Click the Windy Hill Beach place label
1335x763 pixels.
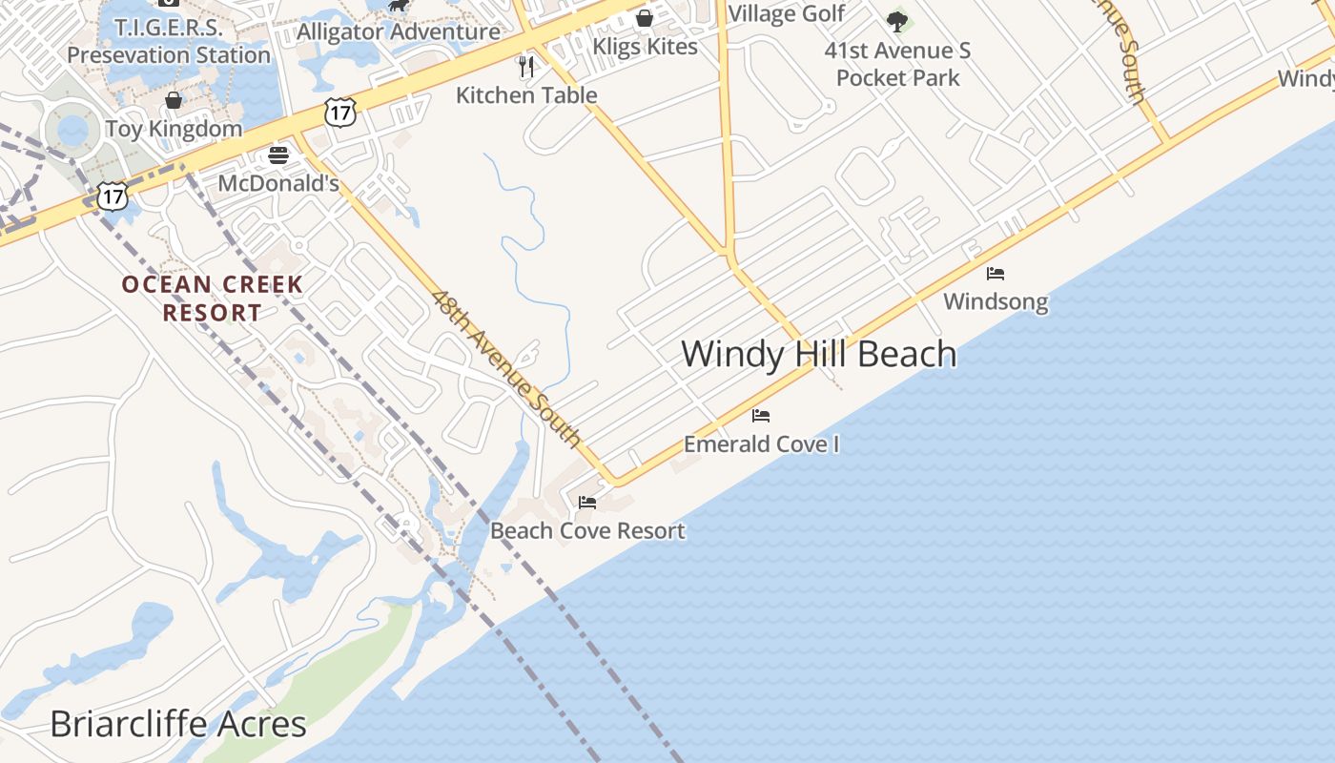tap(818, 354)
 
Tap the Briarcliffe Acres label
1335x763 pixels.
tap(178, 724)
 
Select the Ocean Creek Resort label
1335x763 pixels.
tap(213, 299)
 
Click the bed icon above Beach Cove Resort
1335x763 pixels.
tap(587, 502)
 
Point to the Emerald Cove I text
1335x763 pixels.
tap(761, 444)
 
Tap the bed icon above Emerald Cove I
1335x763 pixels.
tap(761, 416)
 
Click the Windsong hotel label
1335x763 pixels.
tap(996, 302)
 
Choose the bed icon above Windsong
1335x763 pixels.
tap(996, 274)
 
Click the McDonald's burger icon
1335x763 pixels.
tap(278, 155)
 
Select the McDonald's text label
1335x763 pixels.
tap(278, 183)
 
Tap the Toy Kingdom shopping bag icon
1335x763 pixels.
tap(174, 100)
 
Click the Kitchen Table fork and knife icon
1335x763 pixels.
tap(525, 66)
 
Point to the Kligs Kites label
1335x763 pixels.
tap(645, 47)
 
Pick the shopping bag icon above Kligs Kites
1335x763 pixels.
tap(645, 18)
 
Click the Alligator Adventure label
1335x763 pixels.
tap(399, 31)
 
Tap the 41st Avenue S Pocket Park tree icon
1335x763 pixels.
tap(896, 20)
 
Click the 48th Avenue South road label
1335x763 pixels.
tap(505, 368)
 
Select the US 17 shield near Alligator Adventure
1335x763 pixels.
tap(340, 112)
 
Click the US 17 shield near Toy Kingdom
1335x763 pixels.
tap(113, 196)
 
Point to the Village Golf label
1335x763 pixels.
tap(786, 13)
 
